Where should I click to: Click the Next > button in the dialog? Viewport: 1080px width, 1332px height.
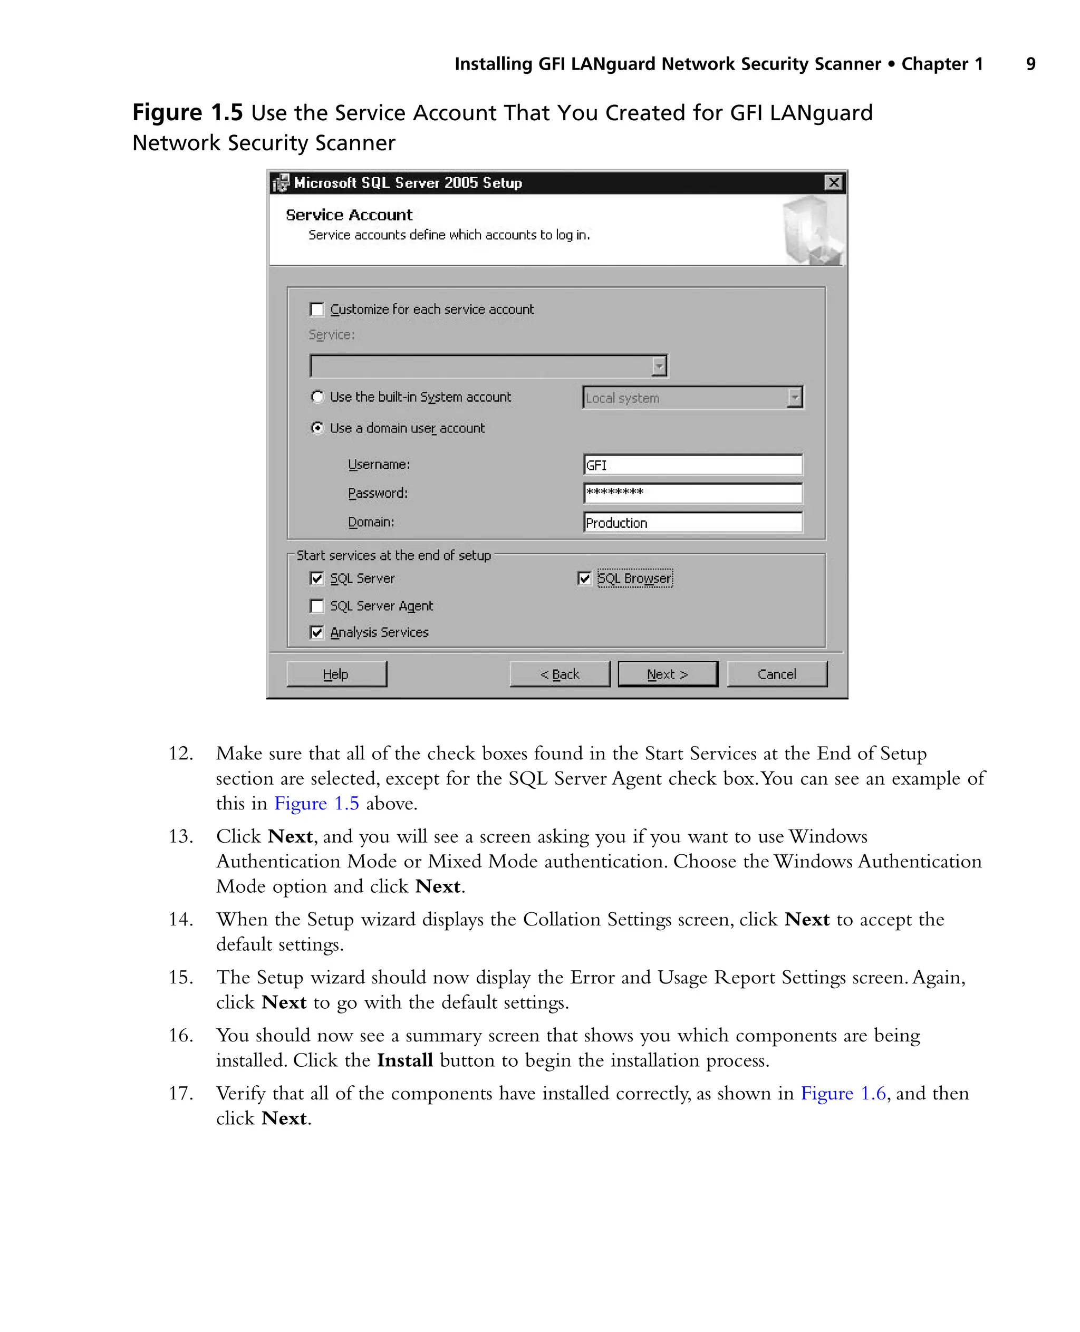668,674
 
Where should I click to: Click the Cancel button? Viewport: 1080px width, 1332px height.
776,674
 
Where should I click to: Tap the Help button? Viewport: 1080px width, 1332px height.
336,674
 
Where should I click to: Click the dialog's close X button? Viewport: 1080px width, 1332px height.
833,182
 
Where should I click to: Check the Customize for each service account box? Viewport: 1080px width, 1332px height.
316,309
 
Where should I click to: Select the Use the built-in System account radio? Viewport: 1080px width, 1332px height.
317,397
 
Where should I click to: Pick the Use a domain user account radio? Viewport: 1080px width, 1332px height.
317,428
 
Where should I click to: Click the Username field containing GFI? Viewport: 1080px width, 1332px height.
692,465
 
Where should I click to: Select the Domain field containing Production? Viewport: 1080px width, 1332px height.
692,523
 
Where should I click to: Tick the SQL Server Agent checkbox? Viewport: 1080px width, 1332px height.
316,606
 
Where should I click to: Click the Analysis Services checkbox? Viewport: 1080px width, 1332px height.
316,633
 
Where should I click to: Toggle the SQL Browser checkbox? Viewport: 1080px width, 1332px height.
584,578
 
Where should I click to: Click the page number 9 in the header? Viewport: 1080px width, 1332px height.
1030,64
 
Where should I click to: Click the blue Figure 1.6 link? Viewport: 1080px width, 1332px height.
842,1093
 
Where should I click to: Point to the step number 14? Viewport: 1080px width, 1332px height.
180,919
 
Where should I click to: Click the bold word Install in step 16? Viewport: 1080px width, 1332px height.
405,1060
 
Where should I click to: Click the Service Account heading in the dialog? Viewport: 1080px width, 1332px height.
349,215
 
